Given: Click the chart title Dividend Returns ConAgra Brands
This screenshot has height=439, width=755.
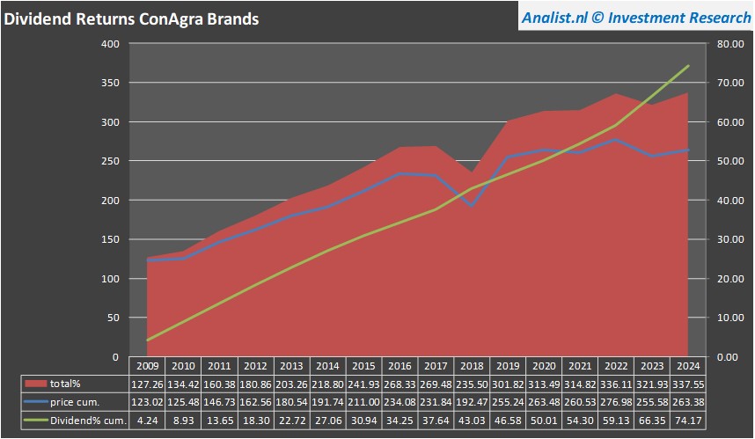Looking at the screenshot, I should tap(132, 18).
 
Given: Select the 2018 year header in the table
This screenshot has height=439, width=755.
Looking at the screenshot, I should tap(473, 366).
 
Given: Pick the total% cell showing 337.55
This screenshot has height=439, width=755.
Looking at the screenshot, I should tap(687, 384).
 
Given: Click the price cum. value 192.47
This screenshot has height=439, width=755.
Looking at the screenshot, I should tap(473, 402).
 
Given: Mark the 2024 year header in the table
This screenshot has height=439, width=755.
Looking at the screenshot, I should tap(687, 366).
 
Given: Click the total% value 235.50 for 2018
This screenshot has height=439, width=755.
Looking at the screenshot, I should tap(473, 384).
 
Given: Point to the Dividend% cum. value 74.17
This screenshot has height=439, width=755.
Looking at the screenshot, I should tap(687, 420).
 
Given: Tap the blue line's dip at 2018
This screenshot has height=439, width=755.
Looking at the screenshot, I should tap(473, 206).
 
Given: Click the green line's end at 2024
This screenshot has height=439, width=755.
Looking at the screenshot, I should tap(687, 66).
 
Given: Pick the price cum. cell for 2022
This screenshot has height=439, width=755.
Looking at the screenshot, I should tap(616, 402).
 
